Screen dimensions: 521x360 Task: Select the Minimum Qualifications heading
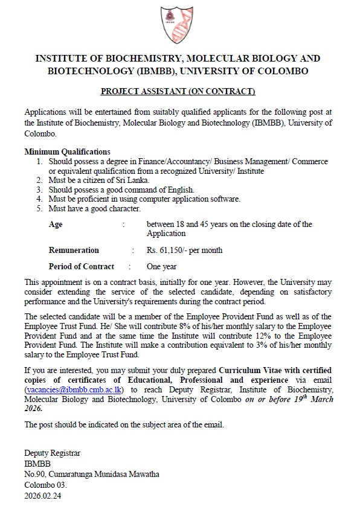67,152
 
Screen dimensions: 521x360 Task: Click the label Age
55,225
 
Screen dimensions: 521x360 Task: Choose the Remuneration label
74,250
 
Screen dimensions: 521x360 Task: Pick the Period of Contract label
81,266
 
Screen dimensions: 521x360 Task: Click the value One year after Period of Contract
162,266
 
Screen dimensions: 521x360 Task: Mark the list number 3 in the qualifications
39,189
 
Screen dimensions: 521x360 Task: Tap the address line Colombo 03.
45,485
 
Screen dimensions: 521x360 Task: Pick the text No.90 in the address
35,474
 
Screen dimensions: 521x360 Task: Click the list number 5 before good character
39,208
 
